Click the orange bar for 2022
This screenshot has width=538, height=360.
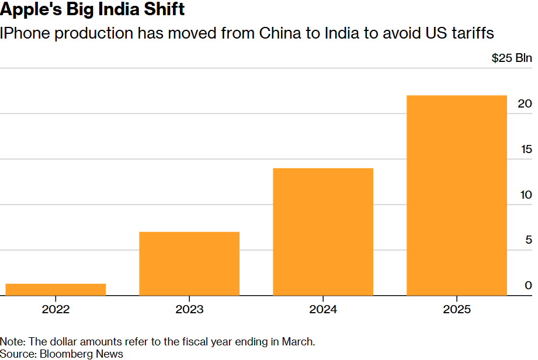55,289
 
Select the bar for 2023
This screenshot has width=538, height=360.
189,264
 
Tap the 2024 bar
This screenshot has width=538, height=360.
323,231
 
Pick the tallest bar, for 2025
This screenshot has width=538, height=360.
457,195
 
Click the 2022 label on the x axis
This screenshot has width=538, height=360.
55,310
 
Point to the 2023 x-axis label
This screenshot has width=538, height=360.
189,310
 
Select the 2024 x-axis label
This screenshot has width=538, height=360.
323,310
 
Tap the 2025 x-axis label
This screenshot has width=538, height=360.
457,310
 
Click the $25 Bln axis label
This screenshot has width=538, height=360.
512,58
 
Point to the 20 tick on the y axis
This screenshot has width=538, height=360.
525,103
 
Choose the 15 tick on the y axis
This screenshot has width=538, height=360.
526,149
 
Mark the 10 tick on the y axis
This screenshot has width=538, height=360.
526,195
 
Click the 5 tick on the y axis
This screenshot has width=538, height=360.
529,240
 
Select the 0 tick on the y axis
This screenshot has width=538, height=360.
528,285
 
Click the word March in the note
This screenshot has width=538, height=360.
298,341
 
